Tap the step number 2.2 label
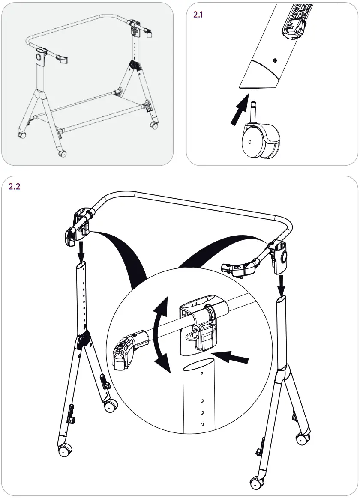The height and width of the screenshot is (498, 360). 15,187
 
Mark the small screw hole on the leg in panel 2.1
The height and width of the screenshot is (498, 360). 275,60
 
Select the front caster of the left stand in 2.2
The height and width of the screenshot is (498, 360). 64,450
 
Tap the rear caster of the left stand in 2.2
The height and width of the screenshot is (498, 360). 111,405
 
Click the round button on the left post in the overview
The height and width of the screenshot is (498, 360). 39,56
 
